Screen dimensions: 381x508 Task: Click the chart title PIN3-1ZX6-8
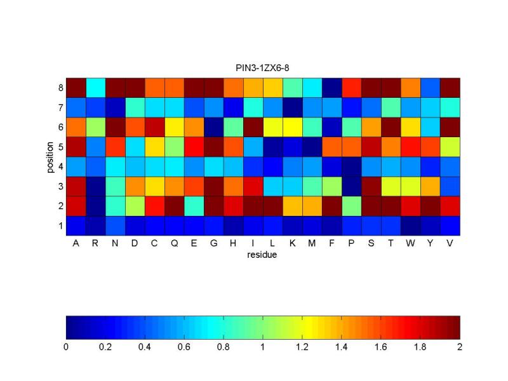263,67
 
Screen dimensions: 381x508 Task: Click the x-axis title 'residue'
263,255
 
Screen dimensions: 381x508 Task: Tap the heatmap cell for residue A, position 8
76,87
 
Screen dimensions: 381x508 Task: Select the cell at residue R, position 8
95,87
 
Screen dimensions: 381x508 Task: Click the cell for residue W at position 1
410,225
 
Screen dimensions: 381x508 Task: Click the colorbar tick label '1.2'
302,347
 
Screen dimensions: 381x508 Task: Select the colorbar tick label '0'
66,347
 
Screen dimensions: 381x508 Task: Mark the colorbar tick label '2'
460,347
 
